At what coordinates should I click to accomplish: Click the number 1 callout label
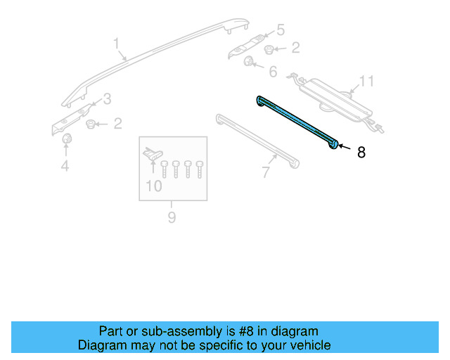tap(117, 46)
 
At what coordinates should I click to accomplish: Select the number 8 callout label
tap(361, 152)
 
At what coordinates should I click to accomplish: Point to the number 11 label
tap(367, 82)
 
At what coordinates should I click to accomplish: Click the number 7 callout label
tap(265, 171)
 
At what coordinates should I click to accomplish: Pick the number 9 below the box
tap(171, 217)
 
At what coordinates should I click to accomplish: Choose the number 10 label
tap(153, 186)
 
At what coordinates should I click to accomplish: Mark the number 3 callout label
tap(107, 98)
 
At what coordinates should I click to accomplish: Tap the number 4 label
tap(65, 166)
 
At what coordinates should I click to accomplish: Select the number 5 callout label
tap(280, 30)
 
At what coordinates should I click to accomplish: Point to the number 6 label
tap(272, 72)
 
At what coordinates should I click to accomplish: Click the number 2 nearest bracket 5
tap(295, 49)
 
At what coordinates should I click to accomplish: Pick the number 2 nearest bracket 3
tap(117, 124)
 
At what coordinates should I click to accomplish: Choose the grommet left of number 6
tap(249, 63)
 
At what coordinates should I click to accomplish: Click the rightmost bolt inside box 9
tap(200, 169)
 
